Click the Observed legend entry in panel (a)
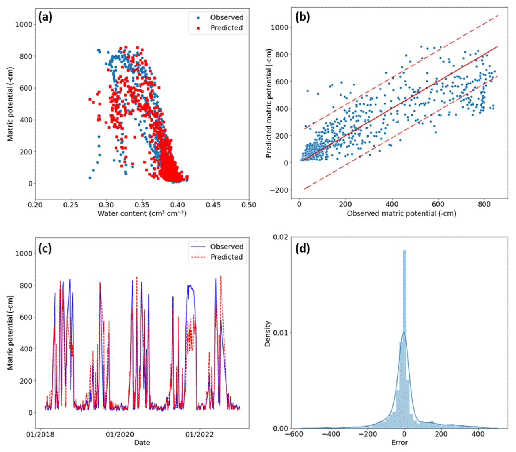pos(226,17)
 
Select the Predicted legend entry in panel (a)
pos(226,28)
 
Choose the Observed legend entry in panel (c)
pos(226,247)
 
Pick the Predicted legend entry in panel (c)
pos(226,257)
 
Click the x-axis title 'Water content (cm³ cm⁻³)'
pos(142,213)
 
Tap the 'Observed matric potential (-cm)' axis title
pos(401,213)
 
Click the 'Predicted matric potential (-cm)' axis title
pos(269,103)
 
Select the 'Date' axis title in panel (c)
pos(142,443)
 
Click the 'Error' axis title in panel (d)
pos(399,443)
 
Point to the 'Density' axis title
pos(268,334)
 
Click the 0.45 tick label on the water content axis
pos(213,205)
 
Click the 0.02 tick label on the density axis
pos(281,237)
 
